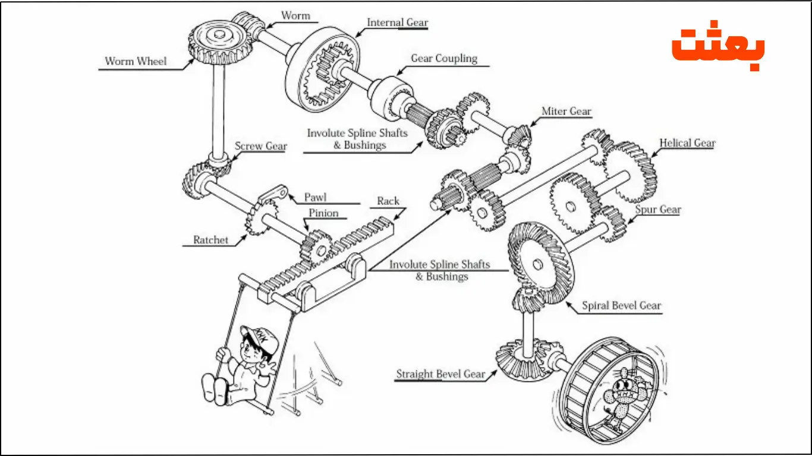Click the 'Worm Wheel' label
click(x=136, y=61)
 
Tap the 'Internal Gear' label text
click(x=397, y=23)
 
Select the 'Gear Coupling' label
click(x=444, y=58)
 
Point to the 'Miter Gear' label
click(x=566, y=111)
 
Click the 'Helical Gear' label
click(x=687, y=143)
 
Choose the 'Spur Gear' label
click(x=657, y=210)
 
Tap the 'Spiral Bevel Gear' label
click(x=621, y=306)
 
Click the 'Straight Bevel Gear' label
click(x=440, y=375)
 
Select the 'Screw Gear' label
click(x=260, y=146)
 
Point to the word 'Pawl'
click(x=315, y=197)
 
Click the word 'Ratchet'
click(x=210, y=240)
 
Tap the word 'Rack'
click(x=388, y=201)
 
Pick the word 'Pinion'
click(x=323, y=213)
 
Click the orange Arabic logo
click(x=718, y=49)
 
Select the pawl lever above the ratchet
click(x=275, y=194)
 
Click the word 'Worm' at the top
click(x=295, y=15)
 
